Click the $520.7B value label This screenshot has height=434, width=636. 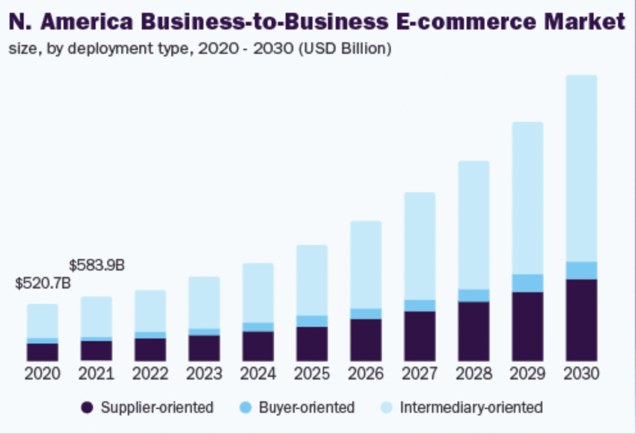pos(42,283)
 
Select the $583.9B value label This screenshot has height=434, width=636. pos(97,265)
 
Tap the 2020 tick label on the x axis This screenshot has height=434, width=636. pos(42,374)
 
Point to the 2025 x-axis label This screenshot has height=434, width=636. pos(312,374)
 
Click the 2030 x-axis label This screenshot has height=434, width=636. pos(581,374)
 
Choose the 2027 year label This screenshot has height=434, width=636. pos(420,374)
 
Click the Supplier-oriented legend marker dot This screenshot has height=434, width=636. pos(88,408)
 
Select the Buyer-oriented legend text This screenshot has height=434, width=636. pos(307,408)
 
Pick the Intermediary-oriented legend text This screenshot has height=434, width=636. pos(471,408)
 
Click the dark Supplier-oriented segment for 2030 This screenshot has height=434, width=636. pos(581,320)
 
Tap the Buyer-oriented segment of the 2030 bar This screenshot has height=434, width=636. pos(581,271)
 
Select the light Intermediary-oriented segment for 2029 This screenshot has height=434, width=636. pos(528,198)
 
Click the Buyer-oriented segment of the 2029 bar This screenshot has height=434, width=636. pos(528,283)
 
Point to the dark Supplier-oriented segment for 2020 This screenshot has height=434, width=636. pos(42,352)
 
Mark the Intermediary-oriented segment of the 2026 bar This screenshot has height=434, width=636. pos(366,265)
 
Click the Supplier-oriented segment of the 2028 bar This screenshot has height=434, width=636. pos(474,331)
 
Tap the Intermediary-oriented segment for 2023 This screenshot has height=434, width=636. pos(204,303)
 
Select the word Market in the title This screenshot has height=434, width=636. pos(584,22)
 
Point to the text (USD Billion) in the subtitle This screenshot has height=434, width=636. pos(344,49)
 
